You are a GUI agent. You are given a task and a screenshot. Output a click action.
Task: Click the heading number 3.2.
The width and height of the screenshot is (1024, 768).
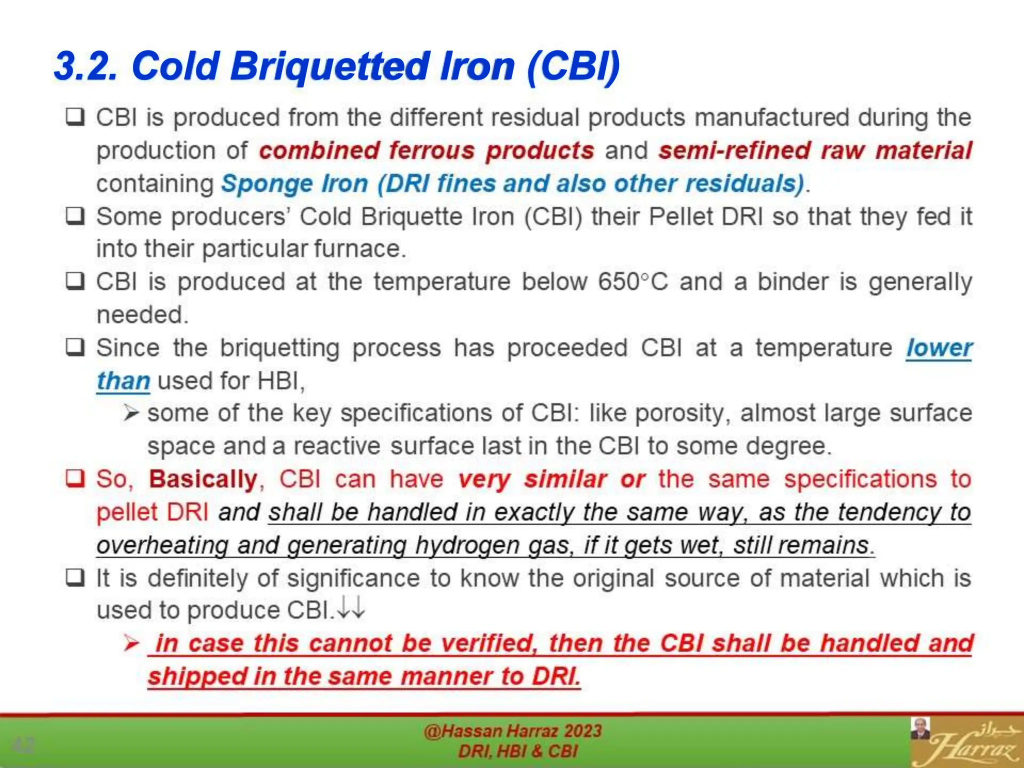85,66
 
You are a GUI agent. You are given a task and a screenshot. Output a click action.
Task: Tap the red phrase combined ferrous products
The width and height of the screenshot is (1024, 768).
426,150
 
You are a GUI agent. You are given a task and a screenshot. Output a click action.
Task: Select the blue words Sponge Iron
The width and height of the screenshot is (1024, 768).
295,183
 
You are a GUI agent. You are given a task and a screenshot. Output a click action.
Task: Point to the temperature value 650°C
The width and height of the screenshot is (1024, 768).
633,281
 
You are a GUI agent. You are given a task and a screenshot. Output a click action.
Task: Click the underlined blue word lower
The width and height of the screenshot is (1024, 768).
939,348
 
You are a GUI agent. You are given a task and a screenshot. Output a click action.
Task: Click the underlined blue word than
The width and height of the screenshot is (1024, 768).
123,381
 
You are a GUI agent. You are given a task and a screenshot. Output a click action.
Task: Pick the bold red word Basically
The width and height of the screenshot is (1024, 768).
203,479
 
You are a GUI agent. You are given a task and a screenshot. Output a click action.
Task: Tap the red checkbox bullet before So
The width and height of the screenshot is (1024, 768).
75,478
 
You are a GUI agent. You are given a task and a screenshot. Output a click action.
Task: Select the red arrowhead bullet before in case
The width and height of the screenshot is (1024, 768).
131,643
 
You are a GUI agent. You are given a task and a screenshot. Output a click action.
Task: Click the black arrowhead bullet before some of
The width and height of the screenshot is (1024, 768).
131,413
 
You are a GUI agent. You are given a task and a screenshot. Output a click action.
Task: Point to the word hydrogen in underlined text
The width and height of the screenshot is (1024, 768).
467,545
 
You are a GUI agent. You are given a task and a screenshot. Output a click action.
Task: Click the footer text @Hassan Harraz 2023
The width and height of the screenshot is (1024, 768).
512,731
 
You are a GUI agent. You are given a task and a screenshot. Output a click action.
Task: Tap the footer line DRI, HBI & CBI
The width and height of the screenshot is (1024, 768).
517,751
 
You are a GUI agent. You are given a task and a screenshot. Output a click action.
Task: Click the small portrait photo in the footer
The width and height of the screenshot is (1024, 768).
920,729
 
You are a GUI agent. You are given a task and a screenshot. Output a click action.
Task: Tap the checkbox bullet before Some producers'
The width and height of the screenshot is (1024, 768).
75,216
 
